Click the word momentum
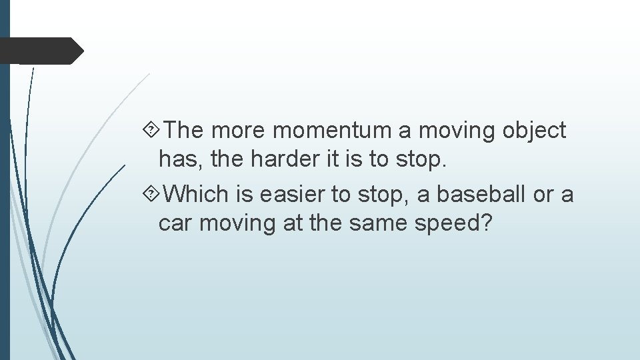point(333,131)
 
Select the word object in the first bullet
point(534,131)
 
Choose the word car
point(175,223)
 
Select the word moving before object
point(461,131)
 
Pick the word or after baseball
point(544,195)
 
